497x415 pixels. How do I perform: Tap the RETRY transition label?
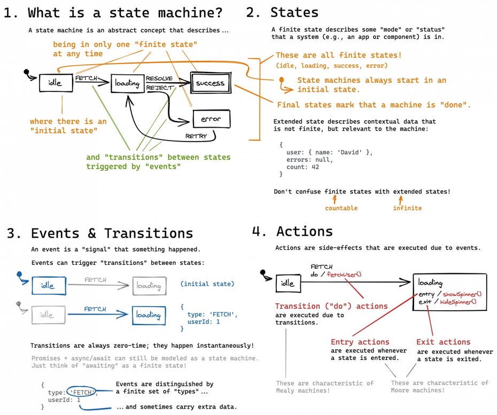tap(196, 136)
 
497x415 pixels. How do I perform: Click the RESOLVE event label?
tap(159, 79)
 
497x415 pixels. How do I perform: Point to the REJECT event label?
tap(160, 88)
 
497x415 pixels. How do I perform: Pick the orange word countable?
tap(341, 208)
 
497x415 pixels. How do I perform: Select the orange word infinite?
tap(407, 208)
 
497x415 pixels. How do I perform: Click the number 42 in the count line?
tap(315, 167)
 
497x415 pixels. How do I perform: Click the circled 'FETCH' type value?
tap(82, 392)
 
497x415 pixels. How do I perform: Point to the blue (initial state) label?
tap(207, 284)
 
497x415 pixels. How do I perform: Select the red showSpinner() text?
tap(462, 294)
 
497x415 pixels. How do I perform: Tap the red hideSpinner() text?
tap(458, 302)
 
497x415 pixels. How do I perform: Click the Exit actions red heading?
tap(443, 342)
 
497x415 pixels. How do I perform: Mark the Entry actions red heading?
tap(360, 342)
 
